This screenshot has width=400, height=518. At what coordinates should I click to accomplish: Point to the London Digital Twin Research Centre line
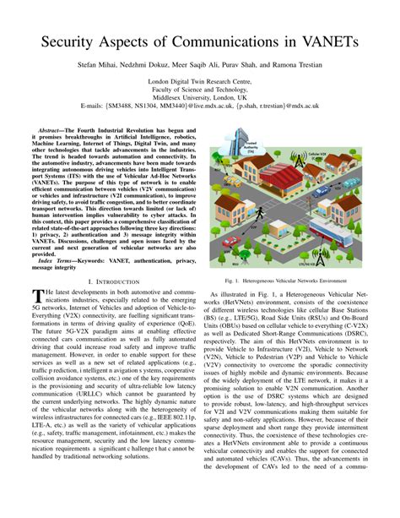[200, 81]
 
